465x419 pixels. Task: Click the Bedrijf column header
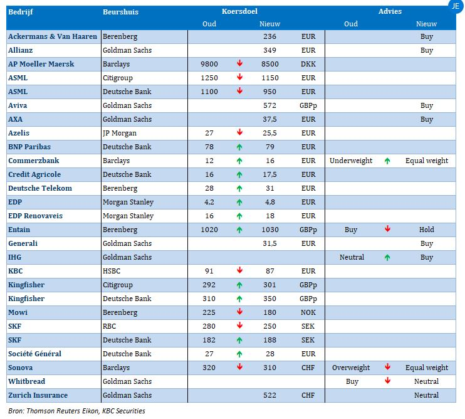tap(21, 12)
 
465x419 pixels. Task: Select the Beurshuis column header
tap(120, 12)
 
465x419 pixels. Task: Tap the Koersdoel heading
tap(239, 11)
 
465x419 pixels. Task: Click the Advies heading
tap(390, 11)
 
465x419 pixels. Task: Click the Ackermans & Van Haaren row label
tap(53, 36)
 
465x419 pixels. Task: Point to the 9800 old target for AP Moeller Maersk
tap(209, 64)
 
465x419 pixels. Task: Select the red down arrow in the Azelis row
tap(239, 132)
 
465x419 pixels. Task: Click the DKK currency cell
tap(308, 64)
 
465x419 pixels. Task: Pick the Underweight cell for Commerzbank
tap(351, 161)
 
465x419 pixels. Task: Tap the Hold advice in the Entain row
tap(426, 230)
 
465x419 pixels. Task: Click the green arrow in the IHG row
tap(387, 258)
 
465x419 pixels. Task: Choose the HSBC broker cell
tap(112, 271)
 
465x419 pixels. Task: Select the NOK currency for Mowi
tap(308, 312)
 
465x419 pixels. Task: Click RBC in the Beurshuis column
tap(109, 326)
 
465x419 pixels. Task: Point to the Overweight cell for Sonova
tap(351, 368)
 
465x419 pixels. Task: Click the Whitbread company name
tap(27, 381)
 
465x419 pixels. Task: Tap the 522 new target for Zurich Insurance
tap(269, 395)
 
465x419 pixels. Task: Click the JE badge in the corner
tap(456, 6)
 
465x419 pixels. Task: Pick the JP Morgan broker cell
tap(120, 133)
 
